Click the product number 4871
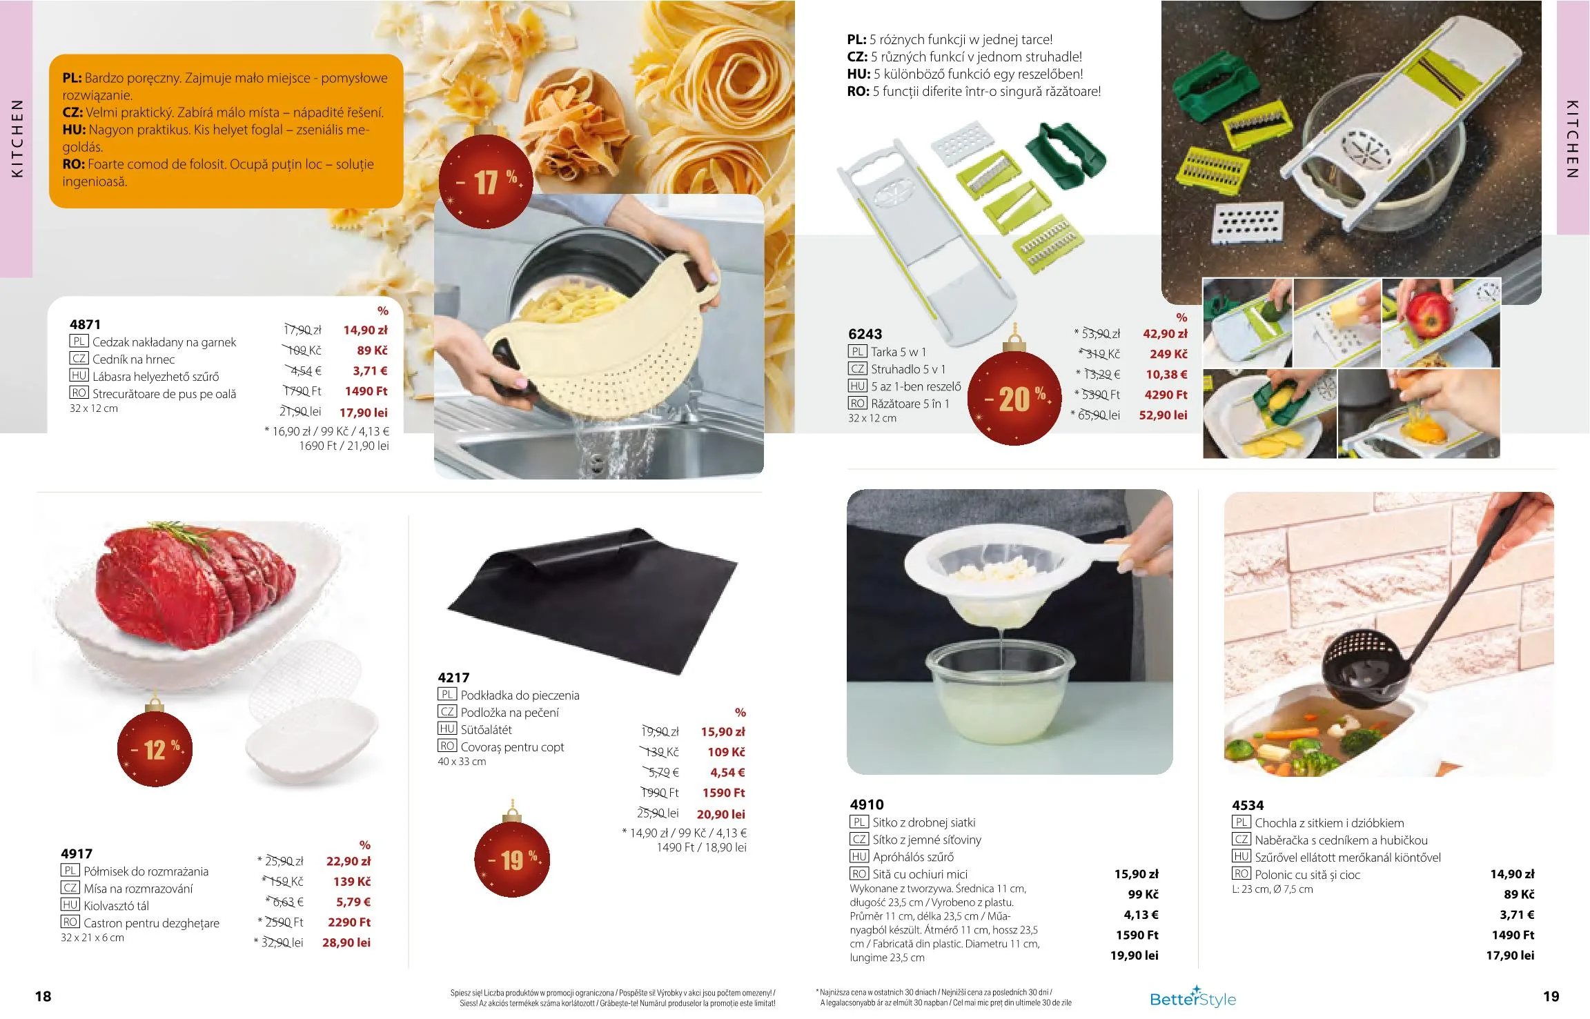pos(85,324)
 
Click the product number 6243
pos(865,334)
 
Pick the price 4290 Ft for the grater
pos(1166,395)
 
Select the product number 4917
pos(77,854)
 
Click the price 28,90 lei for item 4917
pos(346,942)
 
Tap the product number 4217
pos(453,678)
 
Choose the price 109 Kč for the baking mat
pos(726,752)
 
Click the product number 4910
pos(867,804)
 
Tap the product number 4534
pos(1248,805)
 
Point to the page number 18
pos(43,996)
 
